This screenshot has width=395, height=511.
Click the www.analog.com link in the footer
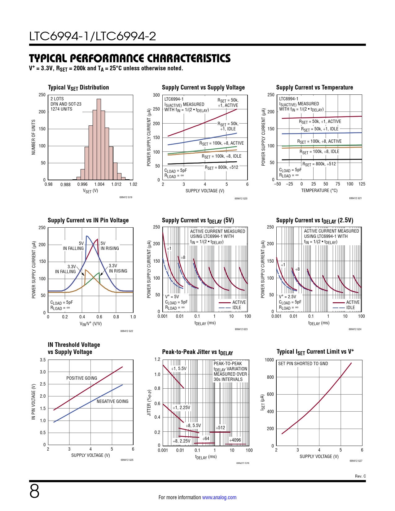coord(219,497)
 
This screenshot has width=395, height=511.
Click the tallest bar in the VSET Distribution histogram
coord(99,139)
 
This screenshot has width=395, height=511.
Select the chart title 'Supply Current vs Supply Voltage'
coord(203,88)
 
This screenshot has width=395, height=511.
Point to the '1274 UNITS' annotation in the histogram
coord(61,109)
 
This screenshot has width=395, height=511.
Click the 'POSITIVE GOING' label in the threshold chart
coord(81,378)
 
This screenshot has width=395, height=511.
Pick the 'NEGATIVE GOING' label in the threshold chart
coord(112,401)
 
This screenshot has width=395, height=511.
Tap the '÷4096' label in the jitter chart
coord(235,440)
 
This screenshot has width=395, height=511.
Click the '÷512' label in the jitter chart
coord(221,428)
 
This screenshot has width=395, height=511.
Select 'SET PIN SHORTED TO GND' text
coord(303,364)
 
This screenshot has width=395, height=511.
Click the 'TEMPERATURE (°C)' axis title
coord(319,190)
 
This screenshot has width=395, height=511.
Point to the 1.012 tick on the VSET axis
coord(116,184)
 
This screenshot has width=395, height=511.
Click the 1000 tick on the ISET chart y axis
coord(269,360)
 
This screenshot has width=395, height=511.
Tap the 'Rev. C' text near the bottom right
coord(360,476)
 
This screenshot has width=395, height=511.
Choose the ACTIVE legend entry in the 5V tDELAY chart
coord(239,302)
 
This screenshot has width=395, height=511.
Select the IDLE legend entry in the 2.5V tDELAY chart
coord(350,308)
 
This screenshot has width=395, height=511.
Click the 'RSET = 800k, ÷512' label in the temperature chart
coord(319,164)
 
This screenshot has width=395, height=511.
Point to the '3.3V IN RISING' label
coord(118,268)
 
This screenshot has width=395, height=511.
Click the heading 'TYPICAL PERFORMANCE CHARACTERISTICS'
coord(130,59)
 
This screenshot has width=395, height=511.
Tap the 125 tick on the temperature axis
coord(362,184)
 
